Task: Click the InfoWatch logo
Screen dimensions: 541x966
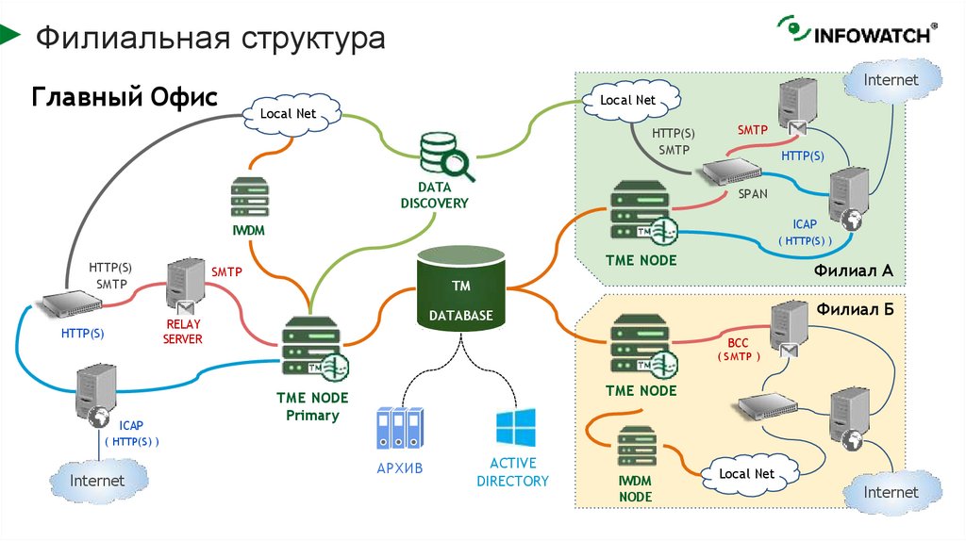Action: coord(857,33)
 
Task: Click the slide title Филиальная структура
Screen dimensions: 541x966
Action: coord(210,39)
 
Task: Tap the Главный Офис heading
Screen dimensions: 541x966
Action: coord(125,97)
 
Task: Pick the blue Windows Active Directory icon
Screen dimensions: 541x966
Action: coord(515,427)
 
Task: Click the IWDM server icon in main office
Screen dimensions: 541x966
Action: coord(250,198)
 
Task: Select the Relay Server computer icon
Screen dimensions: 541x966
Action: coord(183,288)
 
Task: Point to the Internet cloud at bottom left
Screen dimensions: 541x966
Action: coord(98,480)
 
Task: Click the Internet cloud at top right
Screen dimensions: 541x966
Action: coord(891,81)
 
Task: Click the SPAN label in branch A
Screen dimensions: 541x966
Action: coord(753,193)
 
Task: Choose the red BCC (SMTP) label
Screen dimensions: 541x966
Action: coord(737,350)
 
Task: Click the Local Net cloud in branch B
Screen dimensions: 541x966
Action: coord(746,472)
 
